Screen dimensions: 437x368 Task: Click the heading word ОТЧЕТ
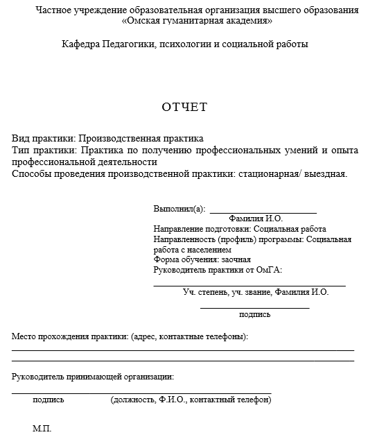coord(184,107)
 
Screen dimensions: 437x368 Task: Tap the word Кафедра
coord(81,44)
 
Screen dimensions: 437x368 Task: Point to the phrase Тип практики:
coord(44,150)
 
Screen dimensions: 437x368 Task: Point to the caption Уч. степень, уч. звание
coord(227,292)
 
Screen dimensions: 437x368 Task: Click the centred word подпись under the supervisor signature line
coord(254,314)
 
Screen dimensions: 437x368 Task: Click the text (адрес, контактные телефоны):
coord(189,337)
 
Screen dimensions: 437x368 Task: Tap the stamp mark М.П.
coord(42,429)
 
